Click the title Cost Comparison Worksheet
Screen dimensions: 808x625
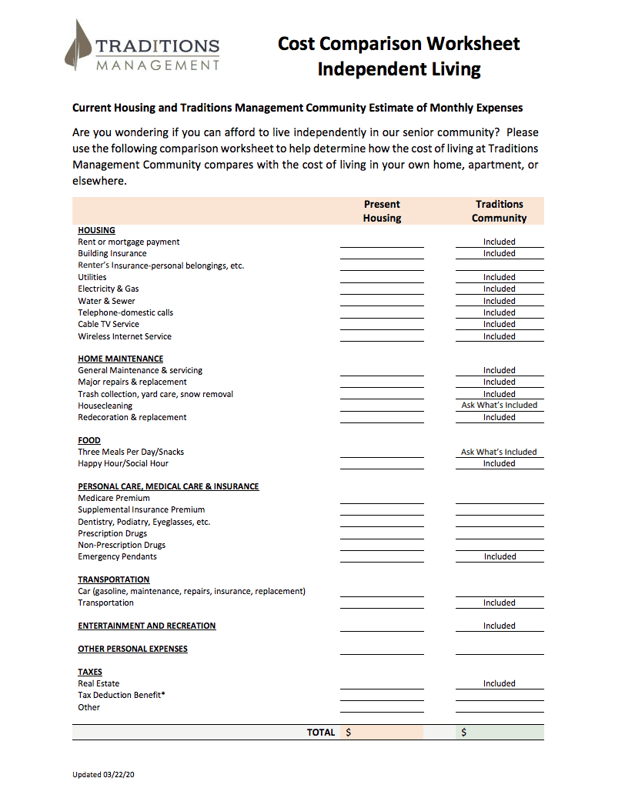click(399, 44)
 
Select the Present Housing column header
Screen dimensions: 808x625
click(382, 211)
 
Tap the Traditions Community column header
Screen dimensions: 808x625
click(499, 211)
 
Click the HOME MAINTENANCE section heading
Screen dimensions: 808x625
click(120, 359)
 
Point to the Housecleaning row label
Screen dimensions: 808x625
click(105, 406)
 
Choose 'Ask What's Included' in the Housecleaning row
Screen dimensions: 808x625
click(499, 405)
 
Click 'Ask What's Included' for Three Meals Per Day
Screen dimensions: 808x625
click(499, 452)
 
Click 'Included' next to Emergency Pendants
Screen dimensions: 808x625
click(500, 556)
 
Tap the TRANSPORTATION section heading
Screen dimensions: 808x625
click(114, 579)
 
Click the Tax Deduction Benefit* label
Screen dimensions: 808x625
click(122, 695)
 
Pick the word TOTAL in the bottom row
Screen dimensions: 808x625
click(321, 733)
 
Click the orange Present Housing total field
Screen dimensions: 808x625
click(383, 733)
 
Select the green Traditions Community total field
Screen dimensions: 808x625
click(500, 733)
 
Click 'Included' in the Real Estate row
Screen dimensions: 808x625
click(499, 683)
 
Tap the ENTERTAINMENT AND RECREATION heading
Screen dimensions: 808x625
click(146, 626)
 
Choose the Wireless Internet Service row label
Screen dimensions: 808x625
click(125, 336)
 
